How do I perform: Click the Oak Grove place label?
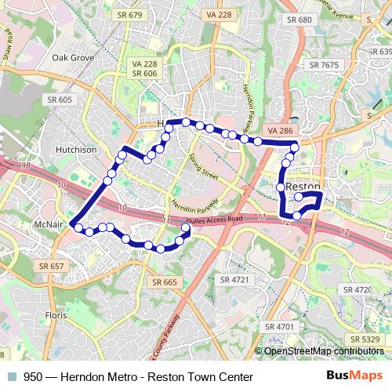pyautogui.click(x=73, y=58)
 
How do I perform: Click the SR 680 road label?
pyautogui.click(x=299, y=20)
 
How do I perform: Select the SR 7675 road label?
pyautogui.click(x=323, y=64)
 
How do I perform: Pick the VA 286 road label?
pyautogui.click(x=280, y=129)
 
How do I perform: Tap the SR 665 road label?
pyautogui.click(x=165, y=281)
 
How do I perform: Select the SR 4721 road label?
pyautogui.click(x=234, y=279)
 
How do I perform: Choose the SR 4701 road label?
pyautogui.click(x=278, y=325)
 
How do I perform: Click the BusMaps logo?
pyautogui.click(x=350, y=377)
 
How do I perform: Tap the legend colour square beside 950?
pyautogui.click(x=11, y=377)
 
